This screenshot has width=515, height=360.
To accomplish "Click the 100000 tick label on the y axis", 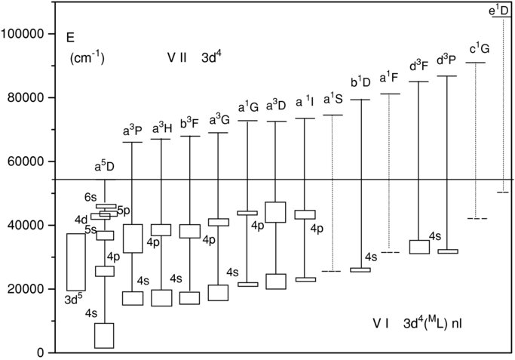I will [x=23, y=34].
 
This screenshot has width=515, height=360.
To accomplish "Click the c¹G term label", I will [x=479, y=49].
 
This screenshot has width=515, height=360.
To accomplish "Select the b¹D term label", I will [x=361, y=82].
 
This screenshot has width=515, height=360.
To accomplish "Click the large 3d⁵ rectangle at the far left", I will [x=76, y=262].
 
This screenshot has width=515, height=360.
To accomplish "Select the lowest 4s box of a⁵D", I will [x=104, y=335].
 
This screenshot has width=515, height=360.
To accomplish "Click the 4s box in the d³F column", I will [x=419, y=247].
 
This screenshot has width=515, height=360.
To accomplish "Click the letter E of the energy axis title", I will [x=70, y=36].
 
